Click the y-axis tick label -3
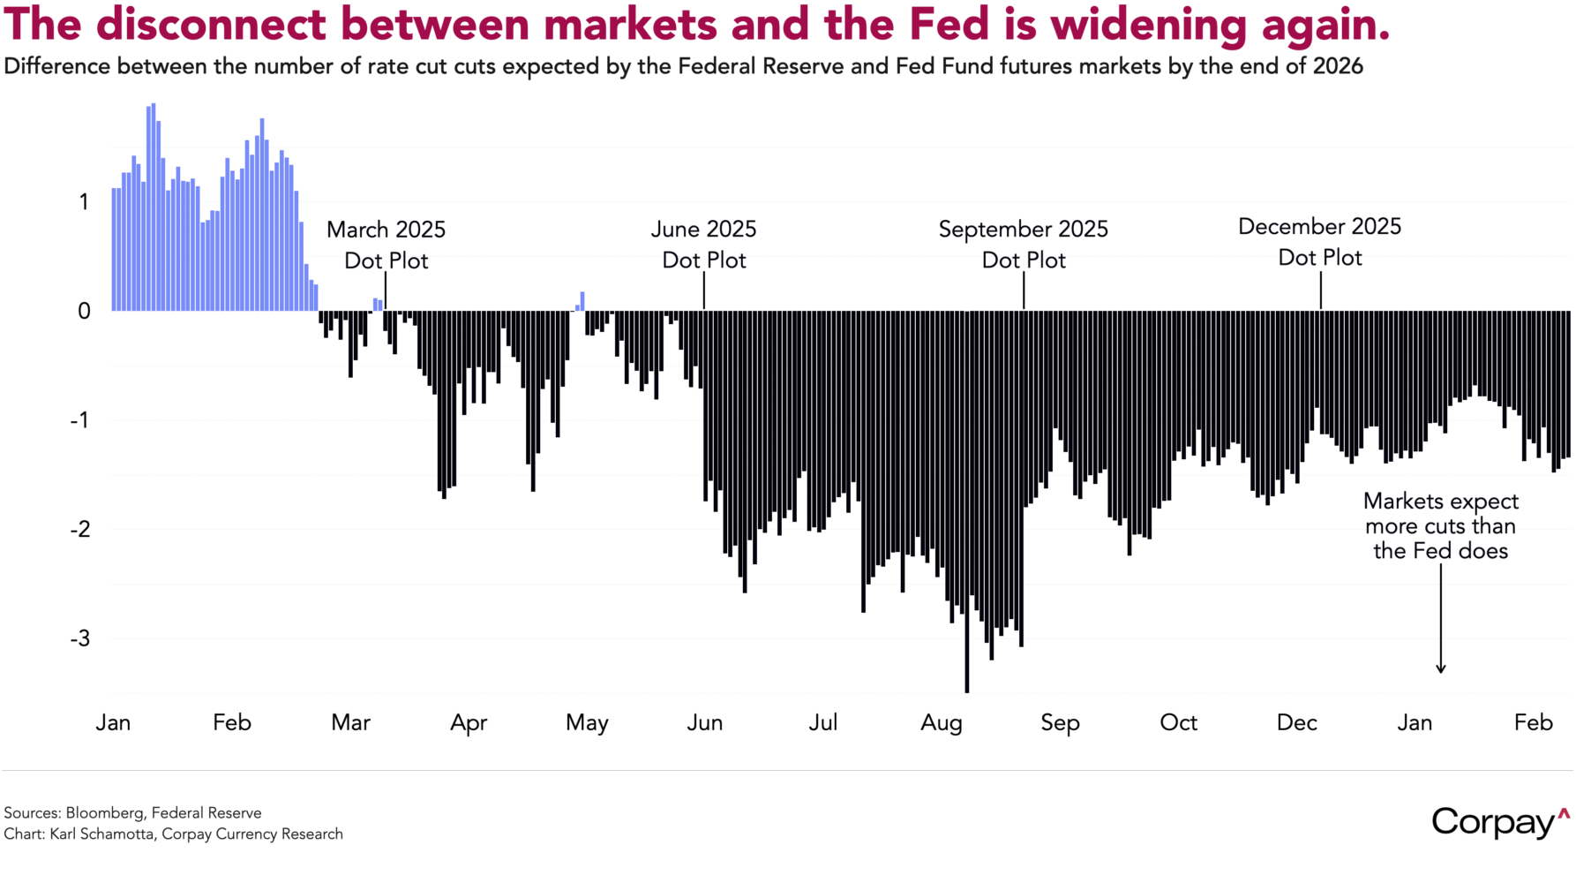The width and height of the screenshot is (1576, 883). (80, 638)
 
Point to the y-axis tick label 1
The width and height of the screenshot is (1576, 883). (84, 202)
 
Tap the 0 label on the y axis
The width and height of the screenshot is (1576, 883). (84, 311)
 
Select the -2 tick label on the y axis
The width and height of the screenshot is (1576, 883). (80, 529)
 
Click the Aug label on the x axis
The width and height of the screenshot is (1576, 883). (941, 723)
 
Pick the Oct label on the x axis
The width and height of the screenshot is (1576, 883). (1178, 723)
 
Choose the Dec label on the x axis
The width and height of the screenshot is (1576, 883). (1296, 723)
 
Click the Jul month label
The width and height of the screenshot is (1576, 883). (822, 723)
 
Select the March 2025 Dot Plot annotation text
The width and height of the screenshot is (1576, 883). (386, 245)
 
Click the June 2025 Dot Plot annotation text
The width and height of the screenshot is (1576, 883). (703, 245)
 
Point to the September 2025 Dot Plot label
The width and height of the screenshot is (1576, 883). (1023, 245)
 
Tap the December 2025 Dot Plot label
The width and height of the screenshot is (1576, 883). (1319, 242)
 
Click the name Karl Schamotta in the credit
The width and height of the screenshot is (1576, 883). (101, 834)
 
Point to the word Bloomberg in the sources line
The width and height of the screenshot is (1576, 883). (104, 813)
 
